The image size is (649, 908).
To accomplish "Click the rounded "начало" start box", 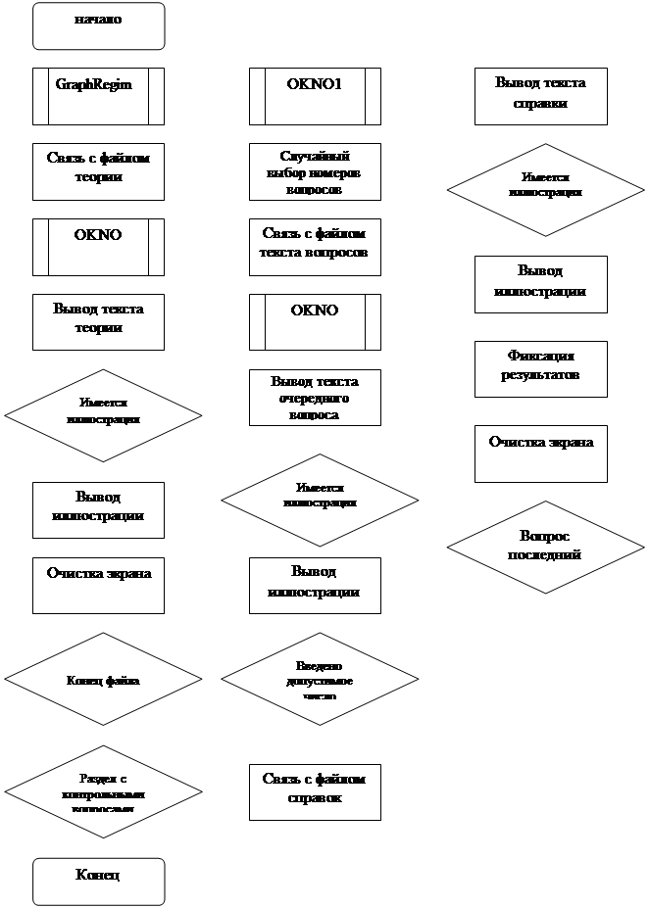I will pyautogui.click(x=98, y=26).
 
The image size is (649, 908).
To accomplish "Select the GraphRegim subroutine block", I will pyautogui.click(x=98, y=96).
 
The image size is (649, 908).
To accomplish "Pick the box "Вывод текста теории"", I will pyautogui.click(x=98, y=322).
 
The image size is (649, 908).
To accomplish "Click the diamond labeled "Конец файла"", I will pyautogui.click(x=103, y=680).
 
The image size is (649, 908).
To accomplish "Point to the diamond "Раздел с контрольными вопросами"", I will pyautogui.click(x=103, y=791).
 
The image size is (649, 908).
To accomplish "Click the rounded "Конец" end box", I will pyautogui.click(x=98, y=882).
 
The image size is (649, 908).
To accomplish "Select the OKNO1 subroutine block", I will pyautogui.click(x=315, y=96).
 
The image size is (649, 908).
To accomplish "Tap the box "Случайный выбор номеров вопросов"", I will pyautogui.click(x=315, y=171).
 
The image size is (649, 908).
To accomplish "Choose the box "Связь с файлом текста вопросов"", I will pyautogui.click(x=315, y=247).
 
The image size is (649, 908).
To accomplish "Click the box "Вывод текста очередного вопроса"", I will pyautogui.click(x=315, y=398).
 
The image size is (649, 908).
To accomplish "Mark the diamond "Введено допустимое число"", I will pyautogui.click(x=320, y=680).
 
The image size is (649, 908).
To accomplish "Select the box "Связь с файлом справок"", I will pyautogui.click(x=315, y=791).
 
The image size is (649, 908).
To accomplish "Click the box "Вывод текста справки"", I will pyautogui.click(x=540, y=96).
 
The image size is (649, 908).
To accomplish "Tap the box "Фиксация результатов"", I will pyautogui.click(x=540, y=369).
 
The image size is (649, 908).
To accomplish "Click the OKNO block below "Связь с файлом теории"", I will pyautogui.click(x=98, y=247).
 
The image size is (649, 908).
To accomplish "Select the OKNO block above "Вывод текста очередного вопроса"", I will pyautogui.click(x=315, y=322).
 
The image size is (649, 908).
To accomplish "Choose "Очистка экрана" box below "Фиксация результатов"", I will pyautogui.click(x=540, y=454).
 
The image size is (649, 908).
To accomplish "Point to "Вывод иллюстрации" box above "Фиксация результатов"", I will pyautogui.click(x=540, y=284).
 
